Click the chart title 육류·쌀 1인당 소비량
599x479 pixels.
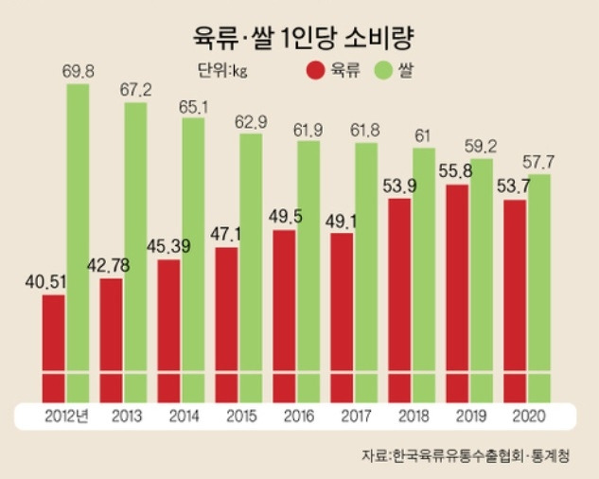[x=299, y=37]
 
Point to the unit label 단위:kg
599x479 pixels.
[x=223, y=71]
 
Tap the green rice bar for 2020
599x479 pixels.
[x=539, y=284]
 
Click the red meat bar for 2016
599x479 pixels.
[x=285, y=312]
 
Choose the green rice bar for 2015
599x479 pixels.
[x=251, y=265]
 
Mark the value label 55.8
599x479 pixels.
[x=456, y=171]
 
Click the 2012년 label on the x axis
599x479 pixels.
[x=65, y=416]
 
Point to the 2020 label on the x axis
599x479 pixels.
[x=527, y=416]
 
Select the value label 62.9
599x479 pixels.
[x=252, y=120]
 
